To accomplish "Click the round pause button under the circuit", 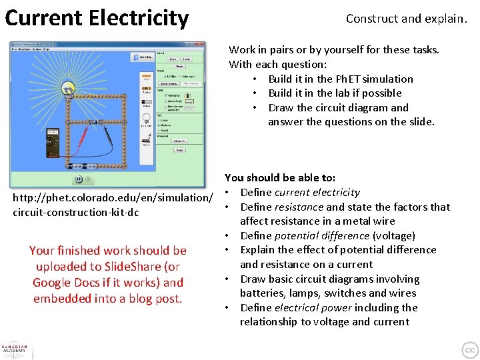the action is [79, 179].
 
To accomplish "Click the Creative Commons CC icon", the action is [470, 350].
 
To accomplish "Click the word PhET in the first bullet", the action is [351, 79].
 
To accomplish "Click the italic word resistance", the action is [302, 207].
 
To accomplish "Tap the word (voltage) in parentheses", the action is [393, 235].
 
